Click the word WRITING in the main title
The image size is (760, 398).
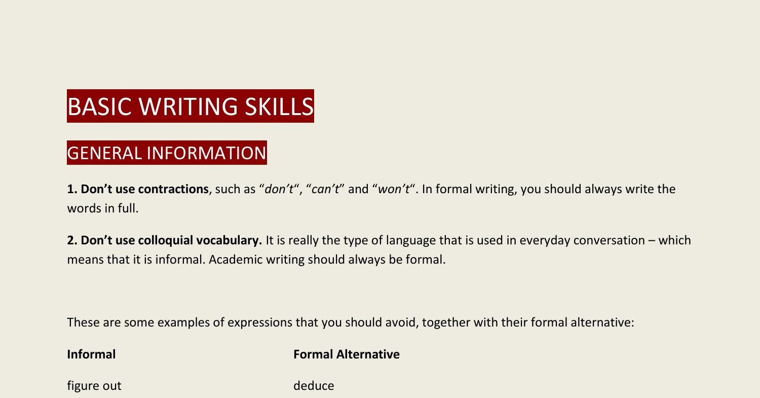pos(188,106)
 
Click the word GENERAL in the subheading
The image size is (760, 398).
pos(104,153)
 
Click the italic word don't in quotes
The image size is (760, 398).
pos(279,189)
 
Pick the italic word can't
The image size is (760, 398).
pos(325,189)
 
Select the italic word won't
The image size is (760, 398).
pos(394,189)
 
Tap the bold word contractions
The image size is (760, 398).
pos(173,189)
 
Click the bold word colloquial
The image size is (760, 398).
pos(165,240)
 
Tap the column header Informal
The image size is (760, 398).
pos(91,354)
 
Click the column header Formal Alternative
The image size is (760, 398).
pos(346,354)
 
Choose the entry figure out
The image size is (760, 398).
pos(94,386)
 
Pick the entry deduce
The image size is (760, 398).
pos(314,386)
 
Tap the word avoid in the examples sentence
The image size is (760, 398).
pos(401,322)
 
